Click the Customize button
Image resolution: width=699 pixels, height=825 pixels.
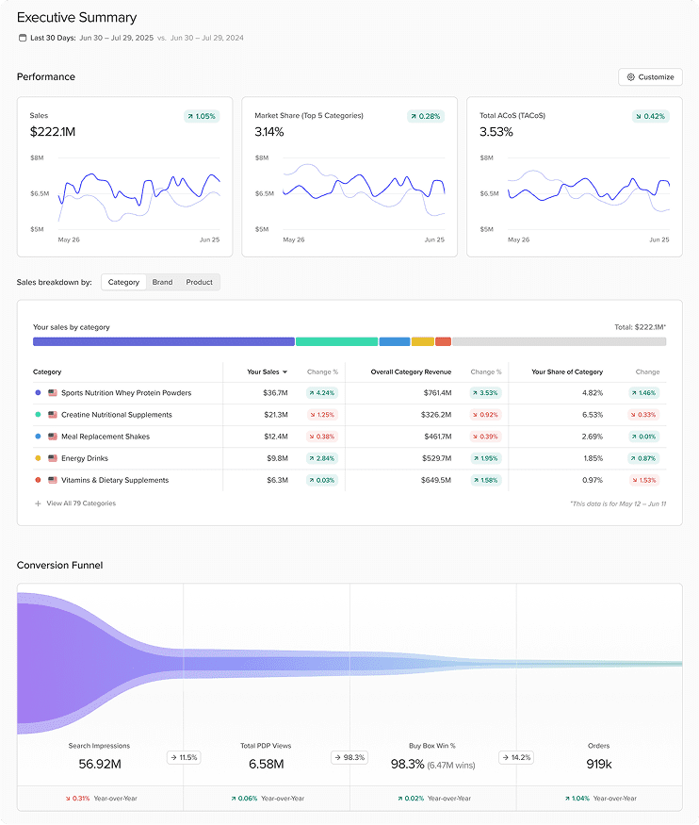pos(650,77)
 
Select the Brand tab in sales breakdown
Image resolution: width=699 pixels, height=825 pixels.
pos(162,282)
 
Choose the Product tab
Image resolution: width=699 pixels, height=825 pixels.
pos(199,282)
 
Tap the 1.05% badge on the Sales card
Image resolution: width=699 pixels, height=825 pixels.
pos(202,116)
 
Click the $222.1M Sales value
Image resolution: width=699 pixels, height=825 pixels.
pos(52,132)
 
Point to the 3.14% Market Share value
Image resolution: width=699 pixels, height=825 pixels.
pos(269,132)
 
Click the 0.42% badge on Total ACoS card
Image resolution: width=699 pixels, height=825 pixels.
pos(651,116)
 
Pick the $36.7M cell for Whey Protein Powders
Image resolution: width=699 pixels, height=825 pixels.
pos(275,392)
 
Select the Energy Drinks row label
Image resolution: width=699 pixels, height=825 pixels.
pos(85,458)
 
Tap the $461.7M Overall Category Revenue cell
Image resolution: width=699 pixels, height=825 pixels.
pos(437,437)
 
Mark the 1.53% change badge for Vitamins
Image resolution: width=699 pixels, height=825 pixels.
pos(644,480)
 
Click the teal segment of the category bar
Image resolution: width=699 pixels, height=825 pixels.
pos(336,341)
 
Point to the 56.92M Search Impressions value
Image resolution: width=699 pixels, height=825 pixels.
pos(99,764)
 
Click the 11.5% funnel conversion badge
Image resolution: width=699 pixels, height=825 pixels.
pos(184,757)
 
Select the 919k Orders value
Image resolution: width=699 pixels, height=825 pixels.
pos(599,764)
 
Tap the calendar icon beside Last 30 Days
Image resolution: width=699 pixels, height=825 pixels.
pos(23,38)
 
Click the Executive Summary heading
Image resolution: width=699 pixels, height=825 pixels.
pos(76,17)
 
